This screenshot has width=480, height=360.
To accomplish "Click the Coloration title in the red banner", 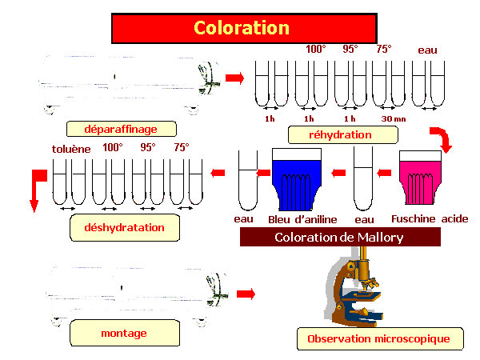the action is pos(242,28).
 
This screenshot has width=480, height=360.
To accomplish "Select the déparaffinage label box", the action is pos(122,129).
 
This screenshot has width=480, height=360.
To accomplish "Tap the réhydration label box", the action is pos(343,134).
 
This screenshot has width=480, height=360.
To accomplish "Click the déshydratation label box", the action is pos(125,227).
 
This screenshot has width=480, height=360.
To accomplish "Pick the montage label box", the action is pos(125,333).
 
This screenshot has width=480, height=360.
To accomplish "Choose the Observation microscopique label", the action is pos(380,338).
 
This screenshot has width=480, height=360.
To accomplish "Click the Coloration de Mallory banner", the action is pos(340,237).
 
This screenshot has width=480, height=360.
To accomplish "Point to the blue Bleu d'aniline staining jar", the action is pos(297,180).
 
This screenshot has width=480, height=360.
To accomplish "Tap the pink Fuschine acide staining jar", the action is pos(420,178).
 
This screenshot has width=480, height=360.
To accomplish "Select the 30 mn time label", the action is pos(394,118).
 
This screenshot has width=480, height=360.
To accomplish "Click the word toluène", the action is pos(71,149).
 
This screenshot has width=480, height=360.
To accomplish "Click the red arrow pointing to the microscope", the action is pos(246,294).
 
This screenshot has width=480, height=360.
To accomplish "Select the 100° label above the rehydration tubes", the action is pos(316,49).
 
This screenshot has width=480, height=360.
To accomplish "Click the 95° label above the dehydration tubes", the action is pos(148,147).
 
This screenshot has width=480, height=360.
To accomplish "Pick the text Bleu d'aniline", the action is pos(302,219).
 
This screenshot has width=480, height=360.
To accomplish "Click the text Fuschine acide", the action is pos(430,219).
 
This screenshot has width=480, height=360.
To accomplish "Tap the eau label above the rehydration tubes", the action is pos(428,50).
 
